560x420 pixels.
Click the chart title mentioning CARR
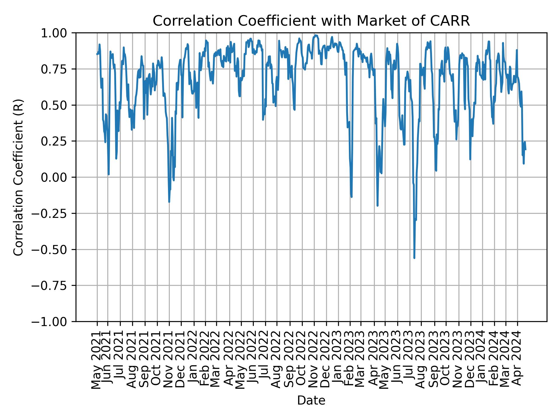(x=311, y=21)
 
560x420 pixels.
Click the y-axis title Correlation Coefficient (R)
(x=18, y=177)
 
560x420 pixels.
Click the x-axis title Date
(x=311, y=400)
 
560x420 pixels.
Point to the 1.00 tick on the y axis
(x=58, y=33)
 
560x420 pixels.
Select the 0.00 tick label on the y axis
(x=58, y=177)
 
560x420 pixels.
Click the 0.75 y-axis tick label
(x=58, y=69)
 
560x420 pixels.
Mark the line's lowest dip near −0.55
(x=414, y=258)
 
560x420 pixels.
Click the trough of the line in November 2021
(x=169, y=202)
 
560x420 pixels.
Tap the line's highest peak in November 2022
(x=316, y=35)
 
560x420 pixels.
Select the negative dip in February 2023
(x=351, y=197)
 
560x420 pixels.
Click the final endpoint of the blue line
(x=526, y=150)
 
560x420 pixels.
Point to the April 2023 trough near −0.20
(x=377, y=206)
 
